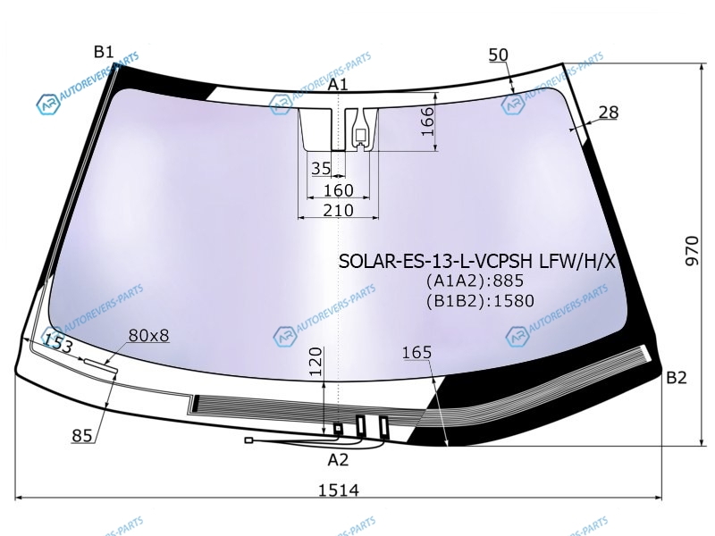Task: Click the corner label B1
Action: click(104, 52)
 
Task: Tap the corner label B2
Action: click(677, 378)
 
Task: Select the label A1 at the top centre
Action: click(338, 84)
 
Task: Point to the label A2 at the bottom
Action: click(338, 460)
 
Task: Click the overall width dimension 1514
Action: click(339, 490)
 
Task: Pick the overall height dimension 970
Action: click(692, 251)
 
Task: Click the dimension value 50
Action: click(498, 55)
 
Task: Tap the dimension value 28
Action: click(609, 113)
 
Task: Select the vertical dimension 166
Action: click(428, 121)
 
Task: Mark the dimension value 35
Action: click(321, 168)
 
